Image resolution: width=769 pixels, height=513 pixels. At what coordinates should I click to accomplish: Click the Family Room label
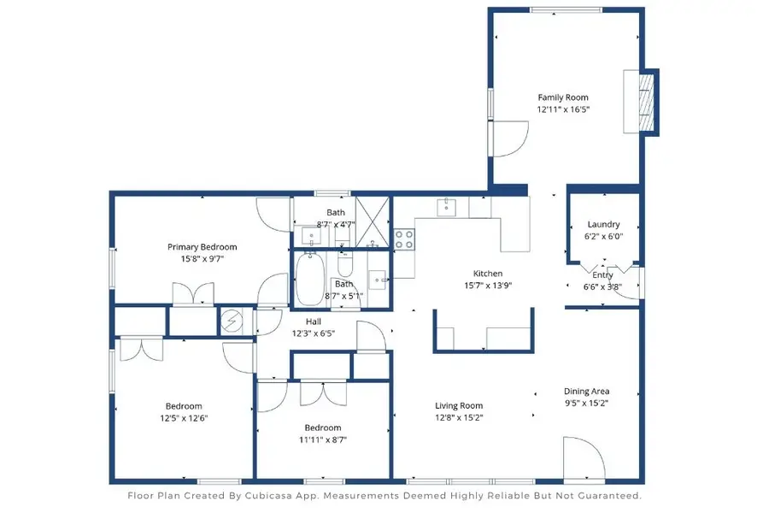coord(562,97)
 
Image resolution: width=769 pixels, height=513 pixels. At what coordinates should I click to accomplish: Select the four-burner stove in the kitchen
coord(403,239)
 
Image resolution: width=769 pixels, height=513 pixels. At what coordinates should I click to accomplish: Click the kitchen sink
coord(446,206)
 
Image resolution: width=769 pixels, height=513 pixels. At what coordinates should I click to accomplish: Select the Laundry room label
coord(603,225)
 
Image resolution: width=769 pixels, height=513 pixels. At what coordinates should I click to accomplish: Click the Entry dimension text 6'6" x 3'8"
coord(602,287)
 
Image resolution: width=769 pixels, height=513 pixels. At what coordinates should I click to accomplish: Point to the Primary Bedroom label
coord(202,247)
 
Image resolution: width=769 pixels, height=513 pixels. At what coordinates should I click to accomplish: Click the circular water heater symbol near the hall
coord(231,321)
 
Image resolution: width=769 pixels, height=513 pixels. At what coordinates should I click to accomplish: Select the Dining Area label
coord(586,392)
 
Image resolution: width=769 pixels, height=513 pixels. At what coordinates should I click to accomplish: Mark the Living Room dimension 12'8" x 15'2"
coord(460,418)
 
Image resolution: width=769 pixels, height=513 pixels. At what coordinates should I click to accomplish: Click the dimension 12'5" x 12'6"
coord(184,418)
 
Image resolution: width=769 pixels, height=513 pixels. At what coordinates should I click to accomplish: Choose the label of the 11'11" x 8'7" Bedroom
coord(322,427)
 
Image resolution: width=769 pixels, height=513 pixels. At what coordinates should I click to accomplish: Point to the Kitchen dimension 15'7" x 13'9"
coord(488,286)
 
